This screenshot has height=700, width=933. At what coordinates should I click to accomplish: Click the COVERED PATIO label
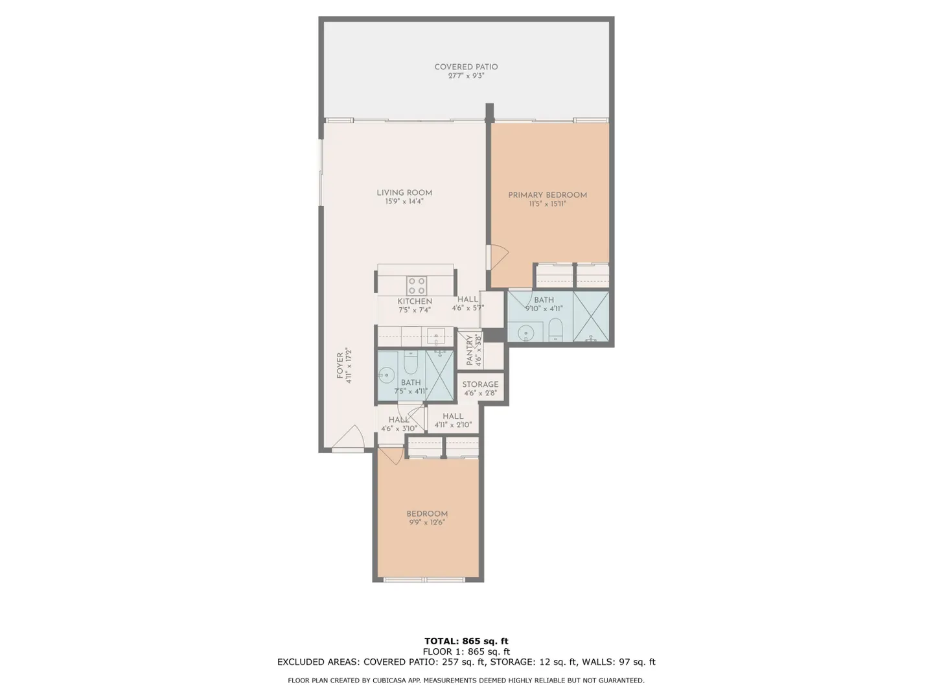pos(466,67)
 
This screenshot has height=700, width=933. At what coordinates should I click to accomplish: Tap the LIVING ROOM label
pos(404,192)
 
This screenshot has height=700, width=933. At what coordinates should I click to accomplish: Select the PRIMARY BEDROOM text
pos(547,195)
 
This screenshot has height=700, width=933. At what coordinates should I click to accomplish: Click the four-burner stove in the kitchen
pos(417,286)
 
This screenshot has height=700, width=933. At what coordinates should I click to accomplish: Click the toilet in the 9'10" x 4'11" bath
pos(555,329)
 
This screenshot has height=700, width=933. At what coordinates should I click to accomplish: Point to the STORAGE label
pos(480,384)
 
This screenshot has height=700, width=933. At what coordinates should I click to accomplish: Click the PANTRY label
pos(469,350)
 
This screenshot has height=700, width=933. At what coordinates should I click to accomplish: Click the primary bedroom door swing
pos(500,257)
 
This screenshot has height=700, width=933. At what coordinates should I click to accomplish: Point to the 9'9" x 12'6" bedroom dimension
pos(427,522)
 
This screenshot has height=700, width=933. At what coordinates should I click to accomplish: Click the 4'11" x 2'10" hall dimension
pos(453,425)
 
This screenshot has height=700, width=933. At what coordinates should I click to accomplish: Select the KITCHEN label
pos(415,301)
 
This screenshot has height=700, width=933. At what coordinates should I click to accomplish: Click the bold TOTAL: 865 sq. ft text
pos(466,641)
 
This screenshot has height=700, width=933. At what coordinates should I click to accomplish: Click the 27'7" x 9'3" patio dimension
pos(466,76)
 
